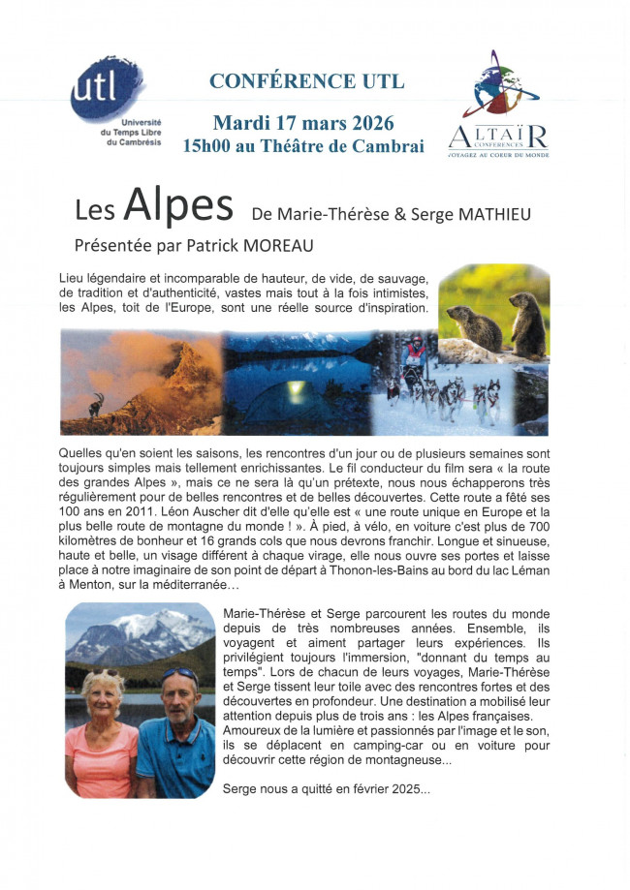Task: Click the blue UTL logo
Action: (106, 90)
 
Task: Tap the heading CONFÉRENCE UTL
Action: (306, 80)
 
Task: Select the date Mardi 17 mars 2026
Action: (303, 123)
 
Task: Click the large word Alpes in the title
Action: (179, 206)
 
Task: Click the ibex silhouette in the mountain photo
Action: (97, 404)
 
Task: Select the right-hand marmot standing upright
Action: (527, 325)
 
